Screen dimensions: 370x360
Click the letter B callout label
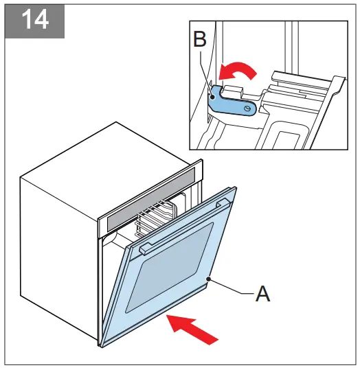200,40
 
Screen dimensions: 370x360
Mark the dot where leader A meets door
209,278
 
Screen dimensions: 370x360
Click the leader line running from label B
206,69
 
